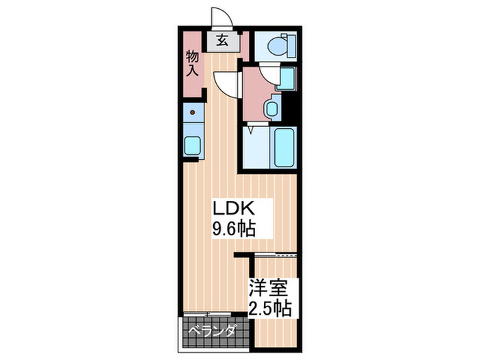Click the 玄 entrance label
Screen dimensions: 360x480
tap(223, 40)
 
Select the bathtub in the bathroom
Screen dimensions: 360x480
tap(283, 147)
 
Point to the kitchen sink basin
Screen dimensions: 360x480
tap(193, 145)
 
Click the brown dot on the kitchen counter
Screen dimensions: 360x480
tap(193, 112)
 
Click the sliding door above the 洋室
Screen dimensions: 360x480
tap(275, 255)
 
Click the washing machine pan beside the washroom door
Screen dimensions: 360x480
tap(285, 80)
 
